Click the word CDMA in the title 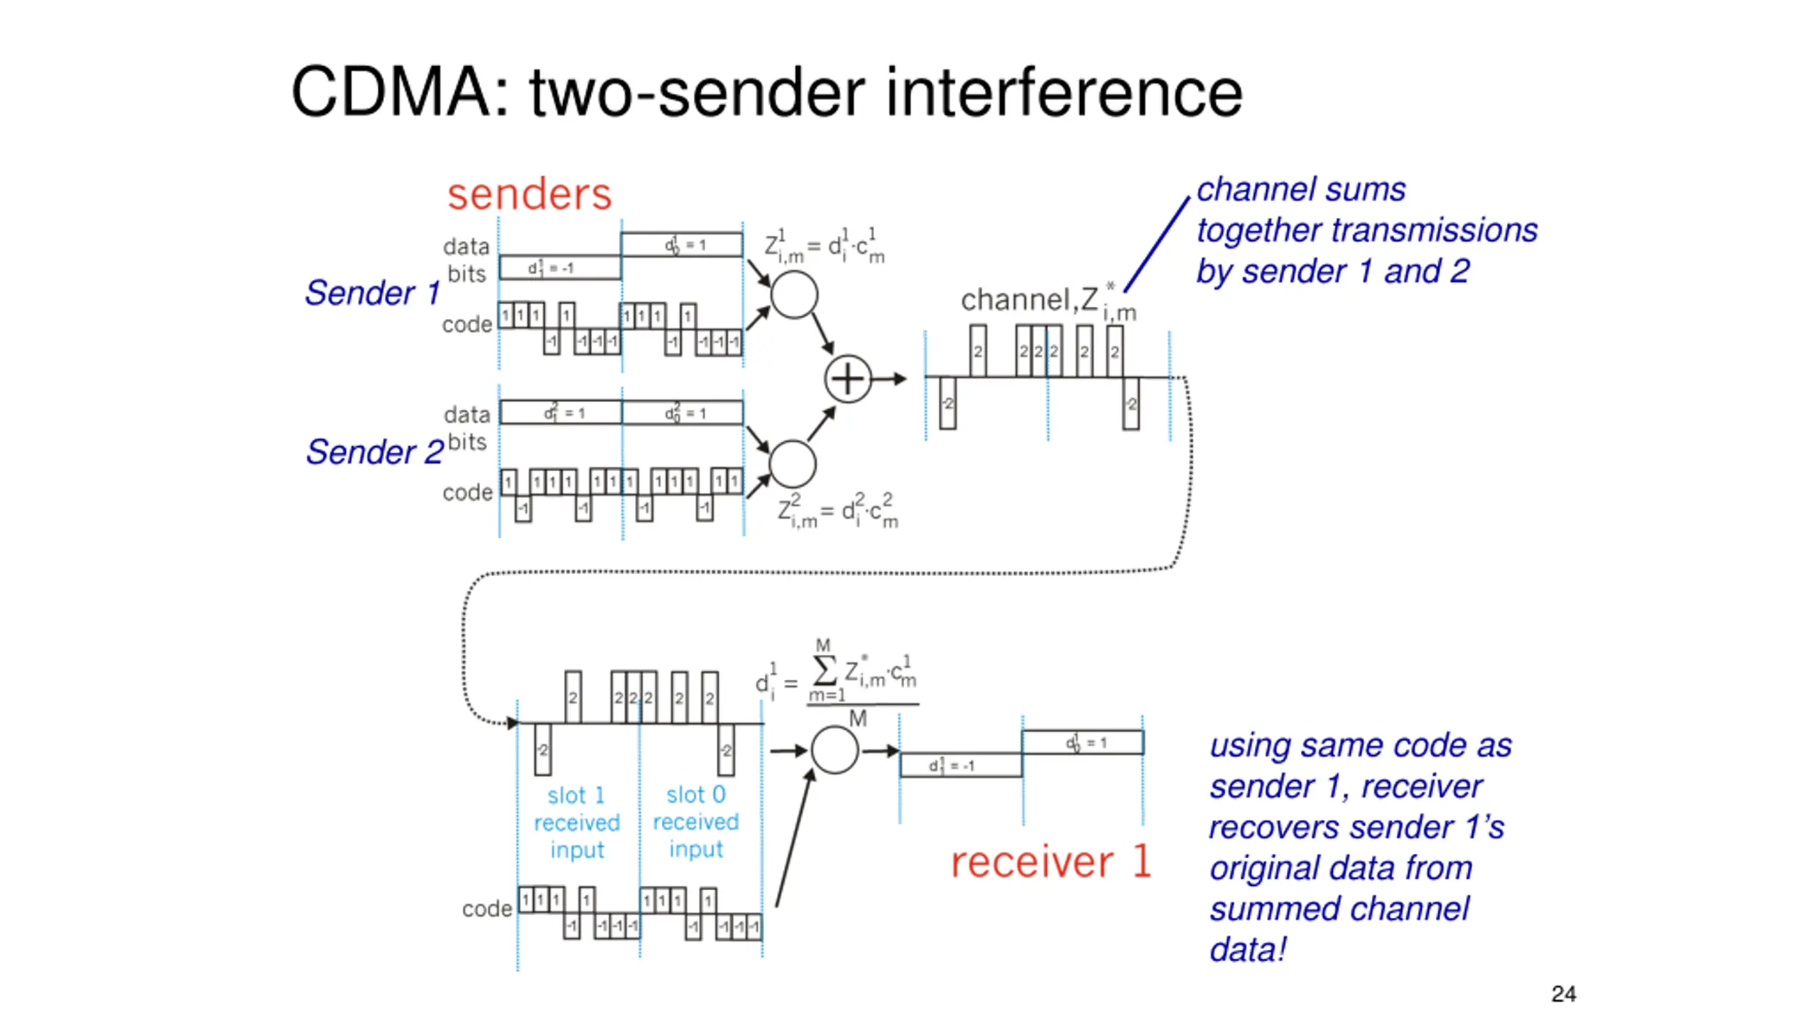click(390, 92)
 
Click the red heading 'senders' click(529, 194)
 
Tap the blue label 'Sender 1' click(372, 293)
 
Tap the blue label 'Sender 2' click(374, 452)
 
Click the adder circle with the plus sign click(847, 379)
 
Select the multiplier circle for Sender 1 click(794, 295)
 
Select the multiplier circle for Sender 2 click(793, 464)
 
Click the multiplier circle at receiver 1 click(834, 750)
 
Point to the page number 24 click(1563, 993)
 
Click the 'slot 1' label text click(576, 795)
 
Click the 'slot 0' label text click(695, 794)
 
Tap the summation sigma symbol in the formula click(824, 670)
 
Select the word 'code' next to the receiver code click(486, 909)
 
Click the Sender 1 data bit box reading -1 click(560, 268)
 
